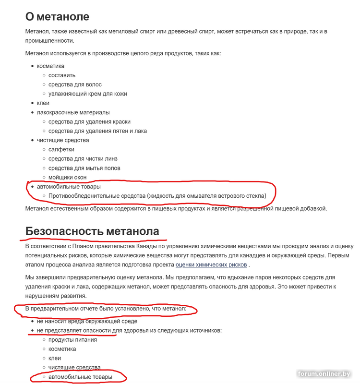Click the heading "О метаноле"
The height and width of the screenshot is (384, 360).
57,16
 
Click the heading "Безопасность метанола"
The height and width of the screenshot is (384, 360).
92,231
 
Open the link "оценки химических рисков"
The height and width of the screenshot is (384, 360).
211,264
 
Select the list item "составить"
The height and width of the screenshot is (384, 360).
62,75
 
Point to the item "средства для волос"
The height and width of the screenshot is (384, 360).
75,84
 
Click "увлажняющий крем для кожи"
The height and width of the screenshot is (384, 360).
88,94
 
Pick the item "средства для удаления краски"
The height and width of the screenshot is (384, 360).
89,121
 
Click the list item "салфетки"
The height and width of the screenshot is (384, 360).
61,149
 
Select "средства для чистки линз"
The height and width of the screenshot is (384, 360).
83,159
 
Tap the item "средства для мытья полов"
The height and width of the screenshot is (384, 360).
84,168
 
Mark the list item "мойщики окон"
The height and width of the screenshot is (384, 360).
67,177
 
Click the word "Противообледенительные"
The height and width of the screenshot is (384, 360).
84,196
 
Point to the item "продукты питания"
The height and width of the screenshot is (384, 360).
72,340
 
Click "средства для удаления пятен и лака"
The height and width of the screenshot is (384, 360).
97,131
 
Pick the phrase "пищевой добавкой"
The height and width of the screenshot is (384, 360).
301,208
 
